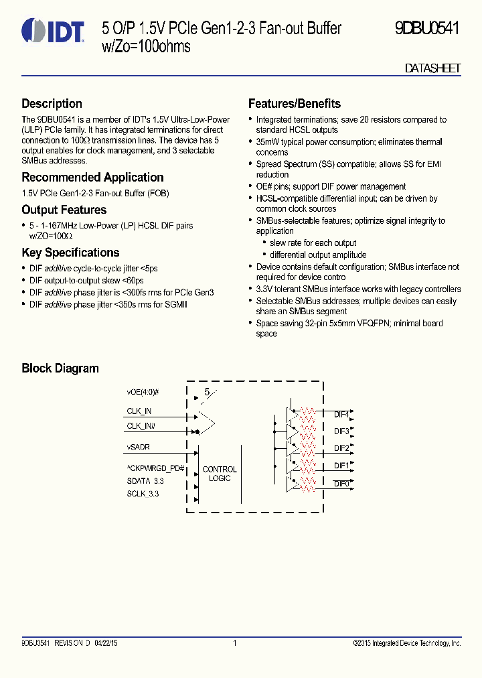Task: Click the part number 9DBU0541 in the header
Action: (x=426, y=29)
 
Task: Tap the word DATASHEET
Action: (x=432, y=68)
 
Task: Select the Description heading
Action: (x=52, y=104)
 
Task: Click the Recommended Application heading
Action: (x=92, y=178)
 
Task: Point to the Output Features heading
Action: (x=64, y=210)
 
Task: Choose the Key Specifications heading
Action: (x=70, y=253)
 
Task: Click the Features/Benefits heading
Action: (x=295, y=104)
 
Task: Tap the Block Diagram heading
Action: (x=60, y=368)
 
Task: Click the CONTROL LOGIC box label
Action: (x=220, y=474)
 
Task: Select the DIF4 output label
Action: (x=341, y=414)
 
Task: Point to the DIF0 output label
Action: (x=341, y=483)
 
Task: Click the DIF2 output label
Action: (x=341, y=448)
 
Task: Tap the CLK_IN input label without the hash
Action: (x=139, y=411)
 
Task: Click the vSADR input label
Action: (x=139, y=446)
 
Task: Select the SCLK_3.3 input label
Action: (x=143, y=494)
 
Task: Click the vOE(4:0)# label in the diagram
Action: (x=143, y=392)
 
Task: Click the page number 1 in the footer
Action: (x=235, y=643)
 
